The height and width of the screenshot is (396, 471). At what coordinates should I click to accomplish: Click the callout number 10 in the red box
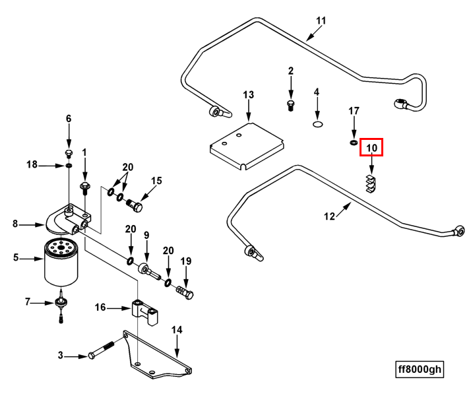click(371, 147)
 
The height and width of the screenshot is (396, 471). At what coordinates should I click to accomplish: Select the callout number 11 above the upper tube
click(321, 20)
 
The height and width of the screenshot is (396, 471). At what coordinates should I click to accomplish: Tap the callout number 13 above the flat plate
click(248, 95)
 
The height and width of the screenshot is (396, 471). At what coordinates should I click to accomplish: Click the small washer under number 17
click(354, 141)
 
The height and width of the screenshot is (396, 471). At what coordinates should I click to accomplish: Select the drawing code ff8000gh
click(418, 370)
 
